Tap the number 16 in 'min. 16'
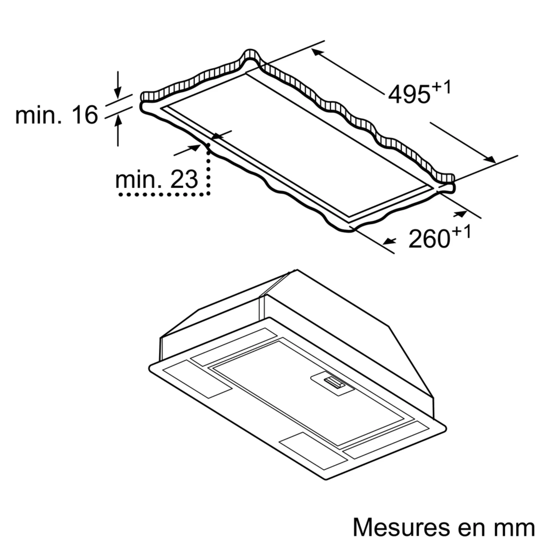coord(84,114)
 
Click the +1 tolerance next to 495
coord(441,87)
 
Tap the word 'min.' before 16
coord(38,114)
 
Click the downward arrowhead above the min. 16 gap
coord(118,93)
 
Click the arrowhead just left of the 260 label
coord(389,241)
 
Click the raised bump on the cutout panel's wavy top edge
coord(249,55)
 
